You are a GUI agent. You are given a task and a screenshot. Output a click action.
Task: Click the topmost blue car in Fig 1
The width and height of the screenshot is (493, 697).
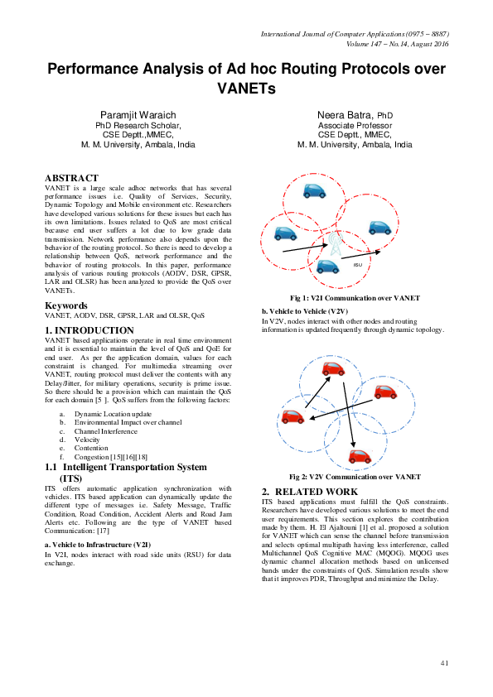click(314, 191)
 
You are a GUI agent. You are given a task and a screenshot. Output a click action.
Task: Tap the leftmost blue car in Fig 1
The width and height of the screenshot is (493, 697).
click(286, 233)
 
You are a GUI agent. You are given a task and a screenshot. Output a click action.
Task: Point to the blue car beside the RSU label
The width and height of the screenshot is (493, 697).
click(328, 267)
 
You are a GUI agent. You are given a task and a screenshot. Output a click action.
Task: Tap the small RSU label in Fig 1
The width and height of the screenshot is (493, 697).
click(358, 265)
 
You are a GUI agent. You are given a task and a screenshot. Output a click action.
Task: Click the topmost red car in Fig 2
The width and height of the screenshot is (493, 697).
click(333, 368)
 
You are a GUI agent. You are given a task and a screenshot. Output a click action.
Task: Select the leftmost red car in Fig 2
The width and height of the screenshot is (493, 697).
click(292, 417)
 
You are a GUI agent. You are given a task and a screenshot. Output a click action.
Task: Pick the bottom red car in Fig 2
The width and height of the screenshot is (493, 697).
click(359, 456)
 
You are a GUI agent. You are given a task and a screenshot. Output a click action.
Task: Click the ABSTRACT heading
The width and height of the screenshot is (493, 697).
click(71, 177)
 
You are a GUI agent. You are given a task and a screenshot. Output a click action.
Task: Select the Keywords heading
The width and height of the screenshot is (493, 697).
click(67, 306)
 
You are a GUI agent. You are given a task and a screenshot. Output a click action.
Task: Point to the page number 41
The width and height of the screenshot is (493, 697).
click(444, 663)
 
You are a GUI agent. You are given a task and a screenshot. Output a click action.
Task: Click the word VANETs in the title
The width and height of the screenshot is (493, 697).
click(246, 87)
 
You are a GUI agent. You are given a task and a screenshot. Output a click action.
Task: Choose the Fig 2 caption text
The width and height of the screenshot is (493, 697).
click(355, 477)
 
